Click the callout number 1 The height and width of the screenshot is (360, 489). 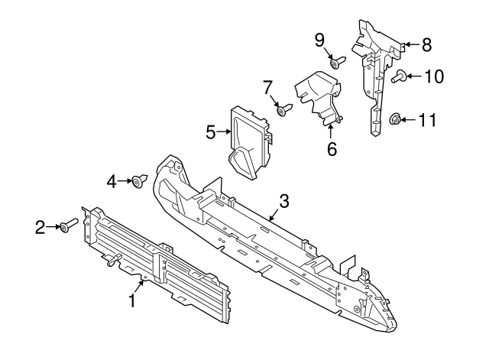click(x=132, y=301)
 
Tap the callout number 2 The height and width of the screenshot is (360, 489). click(x=40, y=225)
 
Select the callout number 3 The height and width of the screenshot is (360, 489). click(x=283, y=202)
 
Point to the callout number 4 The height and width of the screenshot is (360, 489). click(x=112, y=181)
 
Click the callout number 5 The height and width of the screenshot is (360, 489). click(x=212, y=133)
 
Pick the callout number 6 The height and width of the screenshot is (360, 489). click(x=332, y=149)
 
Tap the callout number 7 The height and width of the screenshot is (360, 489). click(x=268, y=89)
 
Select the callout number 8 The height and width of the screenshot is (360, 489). click(x=426, y=44)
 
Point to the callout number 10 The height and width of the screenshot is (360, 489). click(x=433, y=76)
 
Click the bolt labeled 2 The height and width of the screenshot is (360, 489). click(x=67, y=226)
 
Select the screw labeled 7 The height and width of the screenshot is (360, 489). click(x=284, y=112)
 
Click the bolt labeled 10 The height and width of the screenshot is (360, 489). click(x=400, y=76)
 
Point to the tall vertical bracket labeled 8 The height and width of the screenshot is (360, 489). click(x=377, y=76)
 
